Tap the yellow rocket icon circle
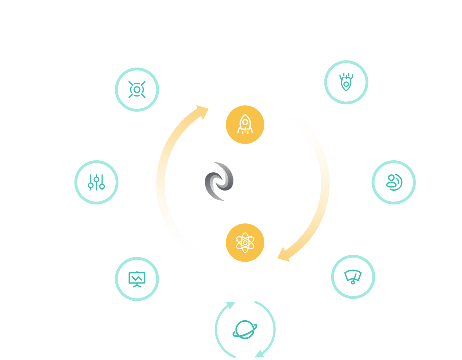tap(245, 125)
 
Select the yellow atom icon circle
tap(245, 242)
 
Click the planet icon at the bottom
tap(245, 330)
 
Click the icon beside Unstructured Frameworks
tap(137, 89)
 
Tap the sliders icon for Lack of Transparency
tap(96, 182)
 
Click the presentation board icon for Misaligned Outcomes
tap(137, 279)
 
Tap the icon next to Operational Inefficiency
tap(346, 82)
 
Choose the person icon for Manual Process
tap(393, 182)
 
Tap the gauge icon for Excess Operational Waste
tap(353, 277)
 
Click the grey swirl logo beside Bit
tap(218, 181)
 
